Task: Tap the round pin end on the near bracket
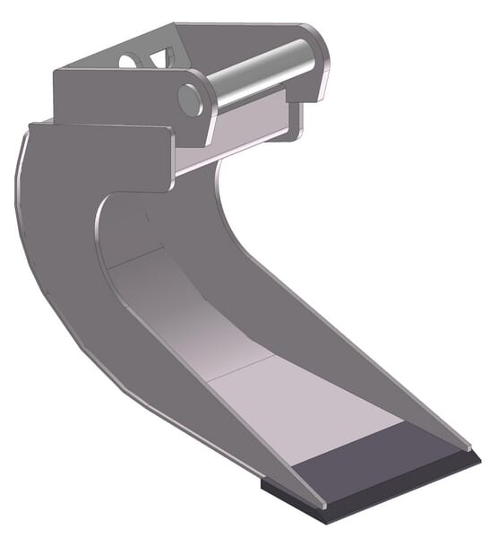(x=190, y=99)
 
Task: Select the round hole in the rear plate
(x=129, y=60)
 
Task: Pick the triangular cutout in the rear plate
(x=162, y=59)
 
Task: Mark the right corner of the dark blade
(x=478, y=457)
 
